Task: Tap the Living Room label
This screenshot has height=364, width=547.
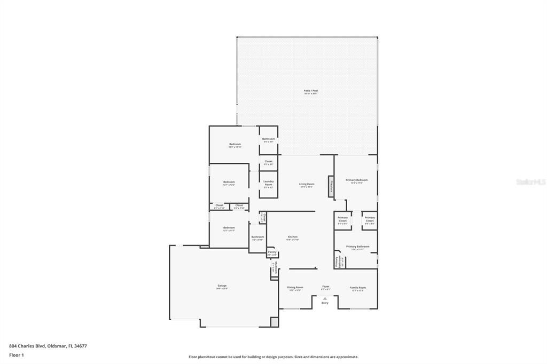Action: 307,185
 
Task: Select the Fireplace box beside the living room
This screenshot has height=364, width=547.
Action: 331,186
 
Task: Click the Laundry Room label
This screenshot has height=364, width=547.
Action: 268,184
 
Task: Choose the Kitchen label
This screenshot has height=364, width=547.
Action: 292,238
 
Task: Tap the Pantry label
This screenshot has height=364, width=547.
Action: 272,252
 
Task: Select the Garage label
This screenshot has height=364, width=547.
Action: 222,287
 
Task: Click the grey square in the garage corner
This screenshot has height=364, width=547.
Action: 274,322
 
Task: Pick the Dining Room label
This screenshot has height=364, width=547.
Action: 295,288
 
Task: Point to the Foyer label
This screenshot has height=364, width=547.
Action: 325,288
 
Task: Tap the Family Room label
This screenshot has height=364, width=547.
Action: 357,288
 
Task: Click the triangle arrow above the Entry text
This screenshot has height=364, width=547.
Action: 325,299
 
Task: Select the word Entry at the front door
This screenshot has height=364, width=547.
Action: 325,303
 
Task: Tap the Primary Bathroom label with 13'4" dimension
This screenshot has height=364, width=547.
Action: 357,247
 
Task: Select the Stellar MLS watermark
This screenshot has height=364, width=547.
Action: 530,182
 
